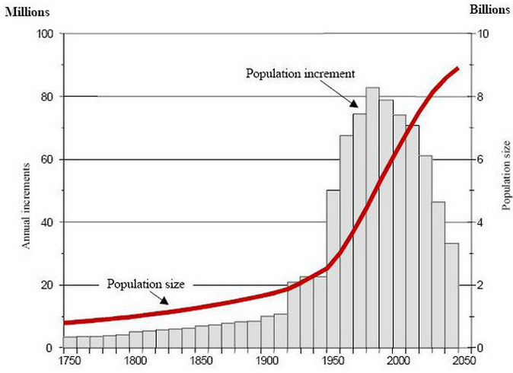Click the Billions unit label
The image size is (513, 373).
tap(487, 10)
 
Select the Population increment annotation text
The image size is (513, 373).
tap(301, 74)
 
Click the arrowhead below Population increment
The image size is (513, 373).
tap(353, 105)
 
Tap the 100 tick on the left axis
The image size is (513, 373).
tap(44, 34)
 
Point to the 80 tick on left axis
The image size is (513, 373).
tap(46, 97)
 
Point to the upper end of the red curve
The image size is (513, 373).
tap(457, 68)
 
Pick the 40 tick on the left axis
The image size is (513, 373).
tap(46, 222)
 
